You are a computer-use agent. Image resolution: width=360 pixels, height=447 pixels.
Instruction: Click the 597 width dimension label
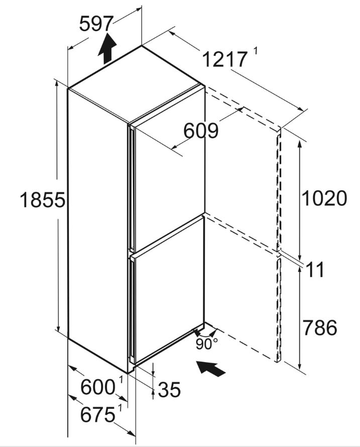point(96,24)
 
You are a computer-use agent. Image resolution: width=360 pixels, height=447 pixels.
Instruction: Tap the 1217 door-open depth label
point(224,60)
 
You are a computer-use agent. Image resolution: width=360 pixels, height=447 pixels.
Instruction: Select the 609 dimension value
point(201,131)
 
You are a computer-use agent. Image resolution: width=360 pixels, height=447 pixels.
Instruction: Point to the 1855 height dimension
point(43,200)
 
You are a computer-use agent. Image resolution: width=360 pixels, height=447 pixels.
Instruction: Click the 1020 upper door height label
point(324,198)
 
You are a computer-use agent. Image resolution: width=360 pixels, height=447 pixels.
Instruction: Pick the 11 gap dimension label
point(315,269)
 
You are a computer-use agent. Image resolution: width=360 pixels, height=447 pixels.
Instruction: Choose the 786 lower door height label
point(320,327)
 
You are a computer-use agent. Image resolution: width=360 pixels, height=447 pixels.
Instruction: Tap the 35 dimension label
point(169,389)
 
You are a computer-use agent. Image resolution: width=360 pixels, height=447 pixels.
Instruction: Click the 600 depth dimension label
point(98,387)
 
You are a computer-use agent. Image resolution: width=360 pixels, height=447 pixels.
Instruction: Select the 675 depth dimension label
point(98,414)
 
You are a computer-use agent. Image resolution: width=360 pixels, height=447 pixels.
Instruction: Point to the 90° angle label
point(207,344)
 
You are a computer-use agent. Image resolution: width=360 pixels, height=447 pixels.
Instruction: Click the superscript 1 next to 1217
point(255,51)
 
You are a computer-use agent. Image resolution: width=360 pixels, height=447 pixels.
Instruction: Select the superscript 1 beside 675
point(120,408)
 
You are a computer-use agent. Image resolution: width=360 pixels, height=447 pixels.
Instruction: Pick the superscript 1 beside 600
point(121,380)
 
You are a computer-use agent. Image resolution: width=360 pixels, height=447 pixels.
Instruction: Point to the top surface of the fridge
point(134,85)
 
